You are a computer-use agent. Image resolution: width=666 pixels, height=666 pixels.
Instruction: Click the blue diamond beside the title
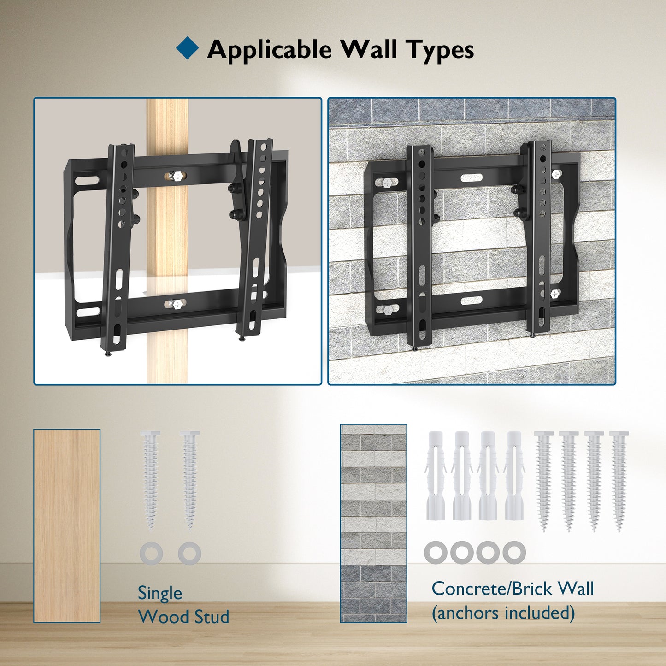coord(187,47)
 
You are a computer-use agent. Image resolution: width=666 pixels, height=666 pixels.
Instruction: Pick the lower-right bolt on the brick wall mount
coord(555,294)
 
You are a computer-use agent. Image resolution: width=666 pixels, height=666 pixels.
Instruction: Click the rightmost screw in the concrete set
coord(619,481)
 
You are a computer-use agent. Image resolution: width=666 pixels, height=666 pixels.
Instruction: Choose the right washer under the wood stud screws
coord(189,554)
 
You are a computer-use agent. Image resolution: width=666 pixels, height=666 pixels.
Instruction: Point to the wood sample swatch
coord(67,526)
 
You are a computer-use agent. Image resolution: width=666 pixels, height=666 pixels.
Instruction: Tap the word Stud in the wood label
coord(211,617)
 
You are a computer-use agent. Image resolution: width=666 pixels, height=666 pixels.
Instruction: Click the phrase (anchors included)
coord(504,613)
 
